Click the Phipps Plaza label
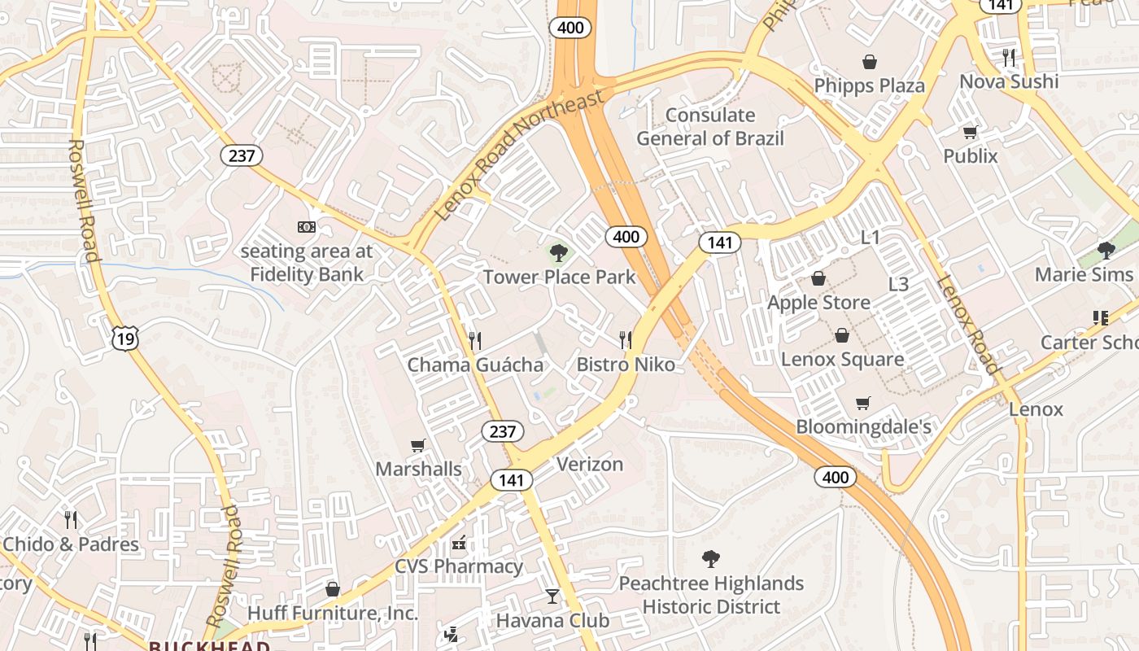[869, 85]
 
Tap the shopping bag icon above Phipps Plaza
[869, 62]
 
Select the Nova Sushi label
[1009, 81]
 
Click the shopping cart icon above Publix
[970, 132]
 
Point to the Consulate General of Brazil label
[710, 127]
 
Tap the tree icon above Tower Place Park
[559, 253]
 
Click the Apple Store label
[818, 303]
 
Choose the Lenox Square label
[842, 359]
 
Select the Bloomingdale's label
[862, 426]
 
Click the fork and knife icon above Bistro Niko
[625, 339]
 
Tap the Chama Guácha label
[475, 365]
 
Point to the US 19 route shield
[125, 339]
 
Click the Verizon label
[590, 464]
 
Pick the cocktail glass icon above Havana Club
[552, 596]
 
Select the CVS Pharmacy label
[459, 566]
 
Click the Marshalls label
[418, 469]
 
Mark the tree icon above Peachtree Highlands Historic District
[711, 559]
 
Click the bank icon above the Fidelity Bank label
[307, 227]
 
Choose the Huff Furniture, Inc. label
[332, 613]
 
